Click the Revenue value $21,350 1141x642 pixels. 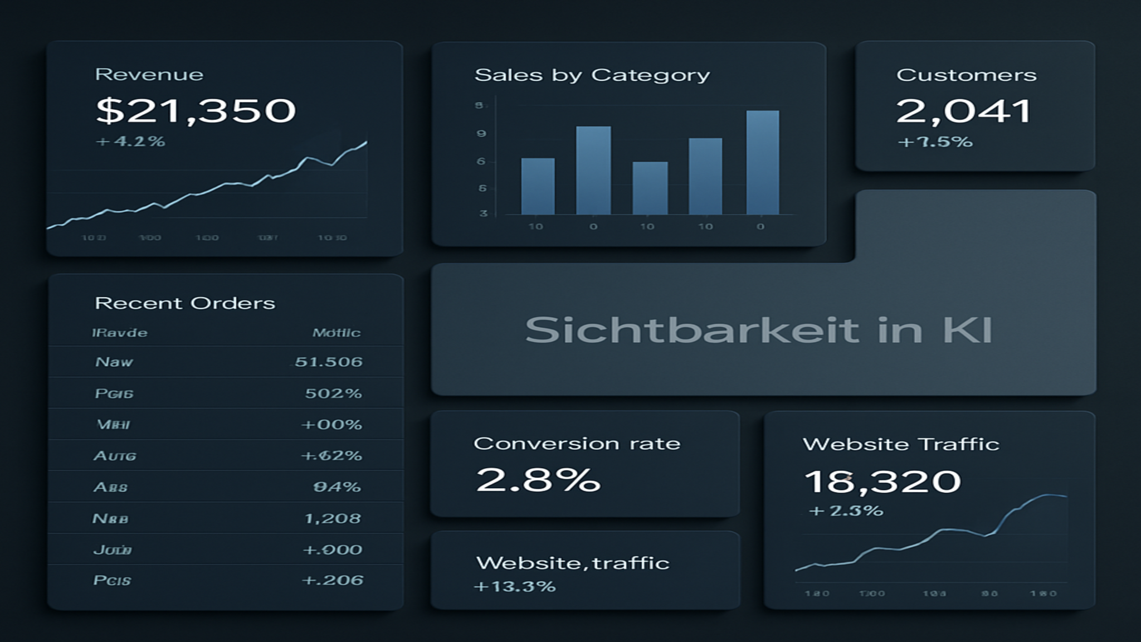196,110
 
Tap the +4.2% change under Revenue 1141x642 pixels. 131,142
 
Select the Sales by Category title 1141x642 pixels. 592,75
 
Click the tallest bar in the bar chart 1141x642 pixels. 762,162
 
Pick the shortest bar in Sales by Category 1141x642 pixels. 650,188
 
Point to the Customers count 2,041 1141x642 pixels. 964,111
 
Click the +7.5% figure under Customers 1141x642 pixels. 935,142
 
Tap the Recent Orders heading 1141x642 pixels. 185,303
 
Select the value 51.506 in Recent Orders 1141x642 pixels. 328,362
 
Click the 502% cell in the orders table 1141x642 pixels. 333,393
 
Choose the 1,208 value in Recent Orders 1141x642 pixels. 333,519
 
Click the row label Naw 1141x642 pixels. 114,362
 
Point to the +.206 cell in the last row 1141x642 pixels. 333,581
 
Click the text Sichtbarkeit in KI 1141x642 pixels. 759,330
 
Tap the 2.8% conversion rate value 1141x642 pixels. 538,480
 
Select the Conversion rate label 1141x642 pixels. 577,444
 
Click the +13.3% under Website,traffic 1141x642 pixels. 514,587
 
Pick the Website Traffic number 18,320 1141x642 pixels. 882,481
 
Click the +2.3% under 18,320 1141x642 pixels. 846,510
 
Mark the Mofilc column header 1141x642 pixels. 336,333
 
